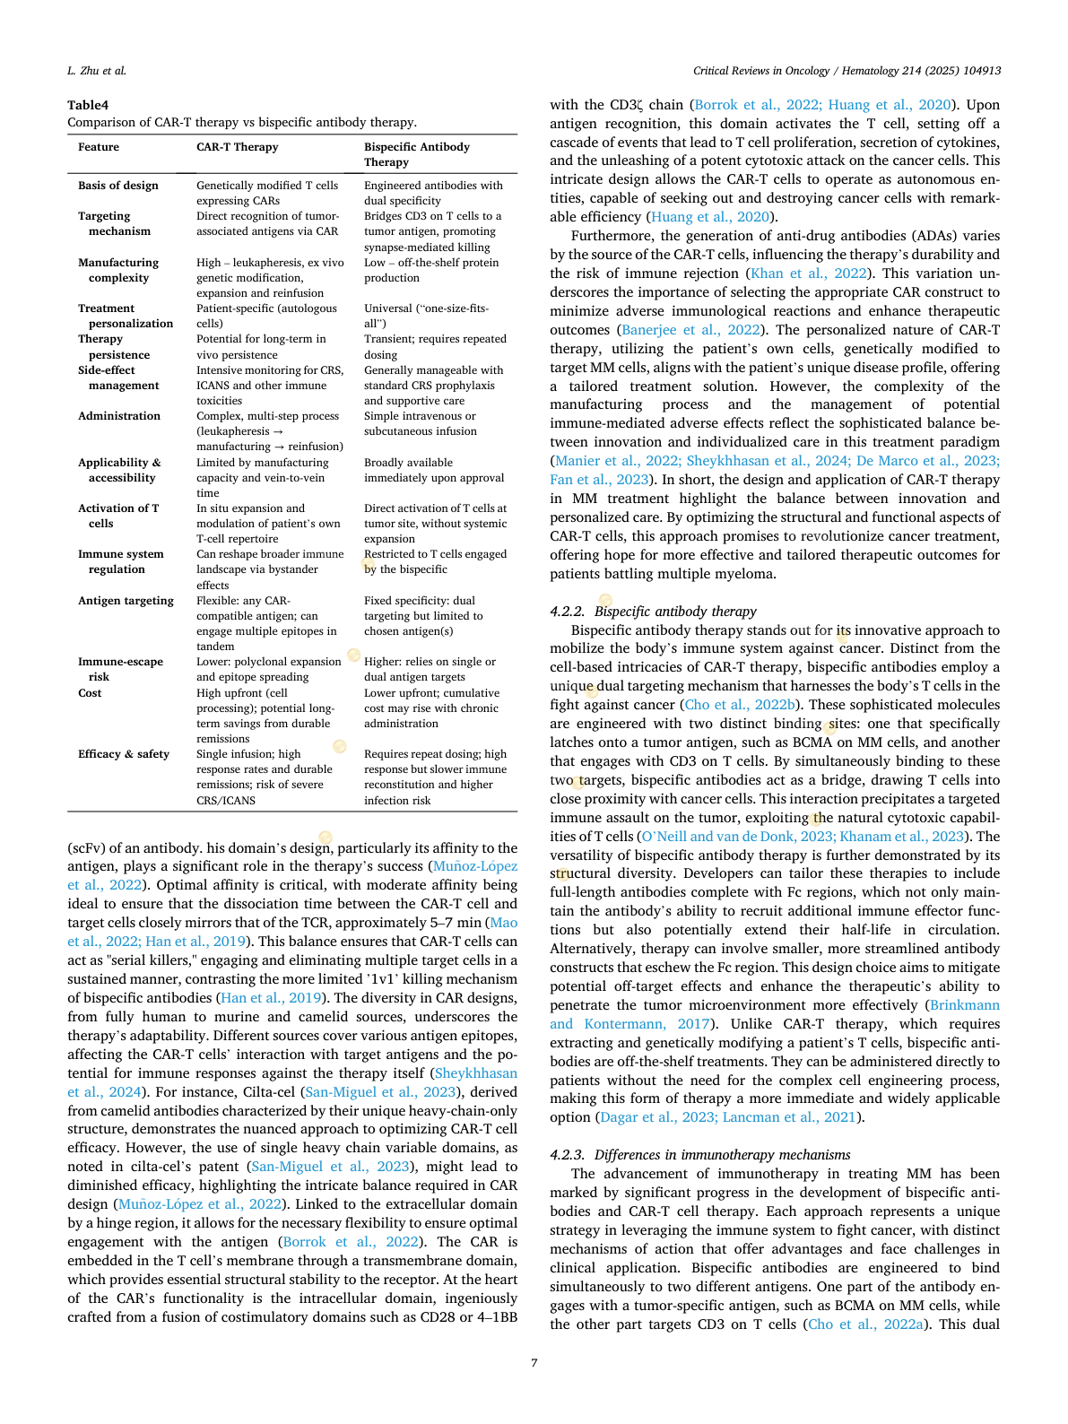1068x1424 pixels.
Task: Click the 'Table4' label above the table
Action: click(88, 105)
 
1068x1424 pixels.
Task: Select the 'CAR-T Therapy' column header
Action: click(237, 147)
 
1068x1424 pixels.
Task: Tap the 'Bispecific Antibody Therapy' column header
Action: click(416, 154)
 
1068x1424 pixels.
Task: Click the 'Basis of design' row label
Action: click(117, 186)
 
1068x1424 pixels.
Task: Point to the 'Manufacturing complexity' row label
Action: click(117, 270)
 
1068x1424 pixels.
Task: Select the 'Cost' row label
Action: click(90, 693)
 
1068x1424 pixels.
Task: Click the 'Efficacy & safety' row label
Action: click(123, 754)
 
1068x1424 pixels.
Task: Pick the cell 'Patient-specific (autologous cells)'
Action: click(266, 316)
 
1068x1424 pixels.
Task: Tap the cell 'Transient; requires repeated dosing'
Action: click(435, 346)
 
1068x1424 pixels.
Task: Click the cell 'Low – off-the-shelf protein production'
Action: click(430, 270)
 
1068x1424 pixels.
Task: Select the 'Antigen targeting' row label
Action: click(126, 601)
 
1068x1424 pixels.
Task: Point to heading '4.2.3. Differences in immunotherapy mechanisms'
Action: click(699, 1155)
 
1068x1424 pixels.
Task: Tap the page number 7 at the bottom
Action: click(534, 1363)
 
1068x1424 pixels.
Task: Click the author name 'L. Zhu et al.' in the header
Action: click(97, 70)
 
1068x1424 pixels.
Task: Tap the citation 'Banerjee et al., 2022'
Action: click(691, 330)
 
